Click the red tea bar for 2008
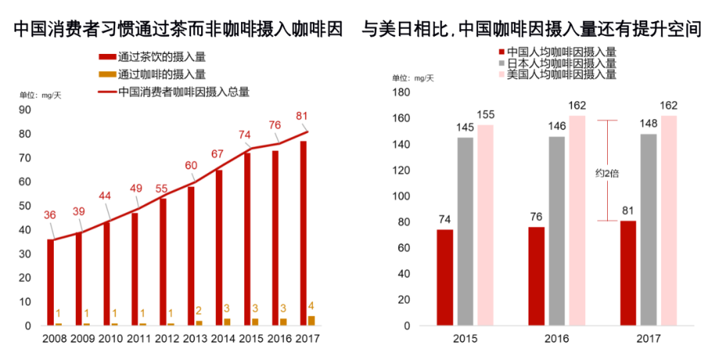(x=50, y=282)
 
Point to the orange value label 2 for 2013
(x=198, y=311)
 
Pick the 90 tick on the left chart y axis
(x=25, y=110)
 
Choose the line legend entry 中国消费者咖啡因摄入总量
(x=180, y=92)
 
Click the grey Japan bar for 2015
(x=465, y=232)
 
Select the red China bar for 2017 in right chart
(x=628, y=273)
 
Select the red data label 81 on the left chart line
(x=302, y=116)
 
